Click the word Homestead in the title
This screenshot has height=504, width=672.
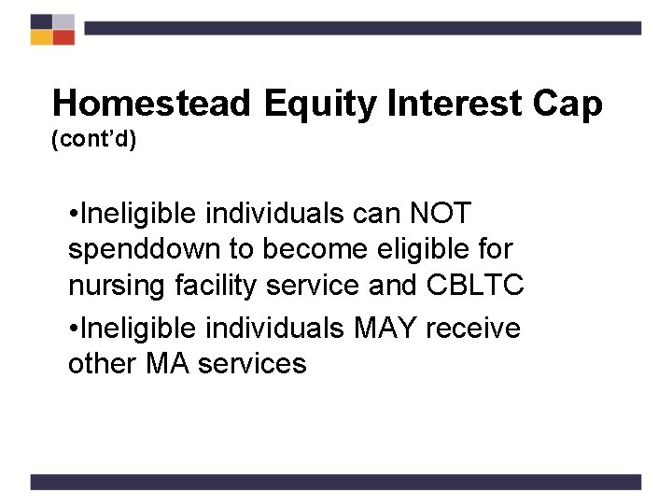(x=151, y=105)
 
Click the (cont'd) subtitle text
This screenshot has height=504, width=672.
(x=94, y=140)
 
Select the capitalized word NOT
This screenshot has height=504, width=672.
(x=440, y=214)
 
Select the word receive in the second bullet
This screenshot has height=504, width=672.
(x=477, y=327)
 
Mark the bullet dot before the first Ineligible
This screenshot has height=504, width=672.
(x=74, y=214)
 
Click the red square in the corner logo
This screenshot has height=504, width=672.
(x=63, y=37)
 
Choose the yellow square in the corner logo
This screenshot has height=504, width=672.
(x=41, y=37)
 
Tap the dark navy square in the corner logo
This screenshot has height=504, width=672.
(x=41, y=21)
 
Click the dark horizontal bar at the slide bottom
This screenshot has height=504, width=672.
(x=336, y=482)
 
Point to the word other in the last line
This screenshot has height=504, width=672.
(x=101, y=363)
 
